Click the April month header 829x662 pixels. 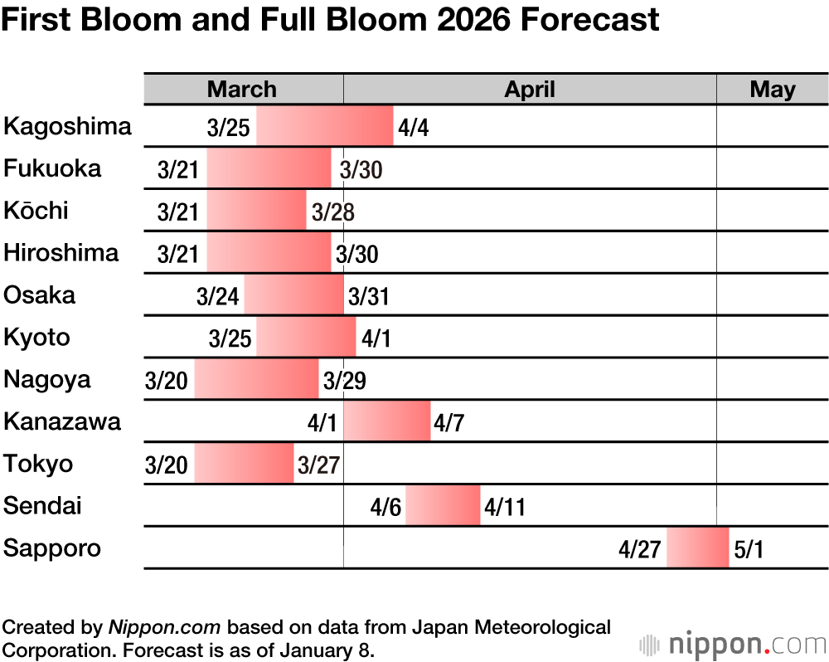pyautogui.click(x=530, y=90)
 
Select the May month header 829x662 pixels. pyautogui.click(x=772, y=90)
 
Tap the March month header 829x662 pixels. pyautogui.click(x=242, y=90)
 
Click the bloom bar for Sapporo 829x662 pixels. pyautogui.click(x=697, y=548)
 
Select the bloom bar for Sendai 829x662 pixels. pyautogui.click(x=443, y=505)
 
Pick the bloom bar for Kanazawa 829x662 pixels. pyautogui.click(x=387, y=421)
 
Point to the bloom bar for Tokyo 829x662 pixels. pyautogui.click(x=244, y=463)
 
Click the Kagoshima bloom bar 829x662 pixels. pyautogui.click(x=324, y=126)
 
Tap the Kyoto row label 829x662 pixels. pyautogui.click(x=37, y=338)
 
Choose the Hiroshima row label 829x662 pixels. pyautogui.click(x=61, y=252)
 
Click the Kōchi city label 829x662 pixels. pyautogui.click(x=36, y=211)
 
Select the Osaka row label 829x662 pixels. pyautogui.click(x=40, y=294)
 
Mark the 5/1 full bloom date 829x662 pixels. pyautogui.click(x=749, y=548)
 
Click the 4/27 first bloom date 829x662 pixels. pyautogui.click(x=639, y=548)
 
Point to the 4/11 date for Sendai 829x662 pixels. pyautogui.click(x=505, y=506)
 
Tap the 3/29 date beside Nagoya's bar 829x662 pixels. pyautogui.click(x=345, y=380)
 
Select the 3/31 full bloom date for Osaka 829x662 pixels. pyautogui.click(x=369, y=296)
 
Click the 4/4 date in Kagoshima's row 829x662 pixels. pyautogui.click(x=414, y=128)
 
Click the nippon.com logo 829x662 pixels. pyautogui.click(x=733, y=644)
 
